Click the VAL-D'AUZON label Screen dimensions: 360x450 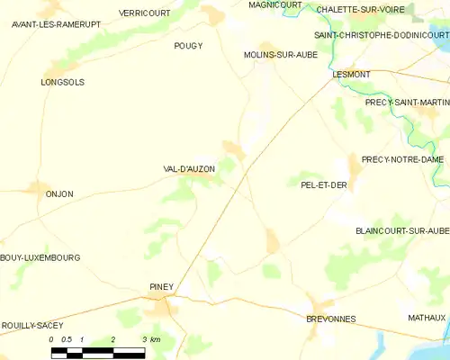(190, 168)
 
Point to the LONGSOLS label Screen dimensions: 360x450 (62, 82)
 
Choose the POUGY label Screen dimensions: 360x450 (188, 45)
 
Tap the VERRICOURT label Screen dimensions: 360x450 (146, 13)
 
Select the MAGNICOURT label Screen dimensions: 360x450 (275, 4)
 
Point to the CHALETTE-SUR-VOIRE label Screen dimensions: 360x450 (358, 10)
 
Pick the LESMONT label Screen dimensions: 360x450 (350, 75)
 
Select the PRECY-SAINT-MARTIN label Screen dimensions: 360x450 (407, 103)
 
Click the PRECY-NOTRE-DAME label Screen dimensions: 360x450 (402, 159)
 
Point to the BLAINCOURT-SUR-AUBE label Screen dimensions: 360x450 (401, 230)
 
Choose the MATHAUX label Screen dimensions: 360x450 (426, 318)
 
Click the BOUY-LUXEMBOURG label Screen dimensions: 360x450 (40, 257)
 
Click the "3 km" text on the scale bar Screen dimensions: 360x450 (150, 339)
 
